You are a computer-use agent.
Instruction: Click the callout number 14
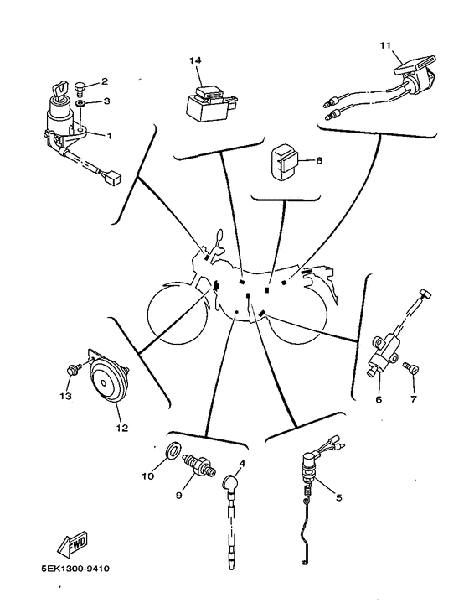[x=195, y=60]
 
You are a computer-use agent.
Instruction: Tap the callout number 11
[x=385, y=45]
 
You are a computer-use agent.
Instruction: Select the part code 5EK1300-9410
[x=75, y=569]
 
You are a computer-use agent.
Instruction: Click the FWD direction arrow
[x=73, y=543]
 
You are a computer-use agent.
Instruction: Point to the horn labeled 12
[x=107, y=381]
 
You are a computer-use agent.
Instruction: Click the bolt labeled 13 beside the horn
[x=74, y=369]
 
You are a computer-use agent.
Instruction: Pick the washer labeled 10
[x=173, y=450]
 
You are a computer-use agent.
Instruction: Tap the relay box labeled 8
[x=284, y=162]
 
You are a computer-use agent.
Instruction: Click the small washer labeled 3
[x=80, y=103]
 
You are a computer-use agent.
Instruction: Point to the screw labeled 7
[x=410, y=367]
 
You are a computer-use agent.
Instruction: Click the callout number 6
[x=379, y=399]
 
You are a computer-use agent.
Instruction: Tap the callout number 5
[x=338, y=497]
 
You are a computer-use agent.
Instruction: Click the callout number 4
[x=242, y=463]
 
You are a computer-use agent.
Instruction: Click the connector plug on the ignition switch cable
[x=113, y=178]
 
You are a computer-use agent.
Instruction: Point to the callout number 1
[x=109, y=136]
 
